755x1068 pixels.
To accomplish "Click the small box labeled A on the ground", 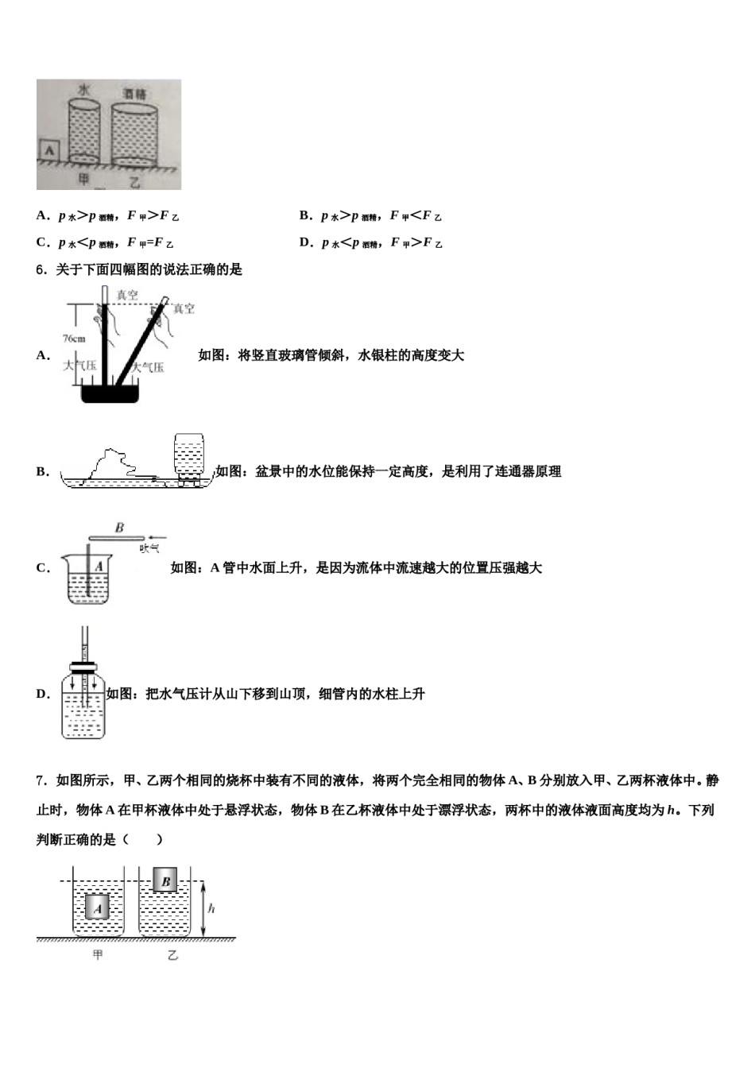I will click(x=48, y=149).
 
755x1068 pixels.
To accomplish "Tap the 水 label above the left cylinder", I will click(x=83, y=90).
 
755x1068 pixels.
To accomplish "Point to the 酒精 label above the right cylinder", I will click(x=134, y=95).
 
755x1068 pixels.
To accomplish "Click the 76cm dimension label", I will click(x=73, y=339).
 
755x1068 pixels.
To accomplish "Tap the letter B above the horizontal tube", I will click(x=119, y=527).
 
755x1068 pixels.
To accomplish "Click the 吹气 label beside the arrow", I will click(x=149, y=548).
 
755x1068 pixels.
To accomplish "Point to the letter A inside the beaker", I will click(x=99, y=567).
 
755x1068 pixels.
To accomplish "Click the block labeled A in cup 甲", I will click(x=97, y=907).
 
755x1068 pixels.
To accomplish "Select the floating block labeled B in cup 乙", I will click(x=165, y=880).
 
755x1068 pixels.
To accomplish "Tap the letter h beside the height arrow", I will click(x=212, y=908).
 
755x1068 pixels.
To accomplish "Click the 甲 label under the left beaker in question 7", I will click(x=98, y=954).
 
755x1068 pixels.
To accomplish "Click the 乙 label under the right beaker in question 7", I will click(x=172, y=954).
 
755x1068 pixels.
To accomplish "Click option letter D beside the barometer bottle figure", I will click(x=42, y=694).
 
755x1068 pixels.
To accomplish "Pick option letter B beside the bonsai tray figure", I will click(x=42, y=471).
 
